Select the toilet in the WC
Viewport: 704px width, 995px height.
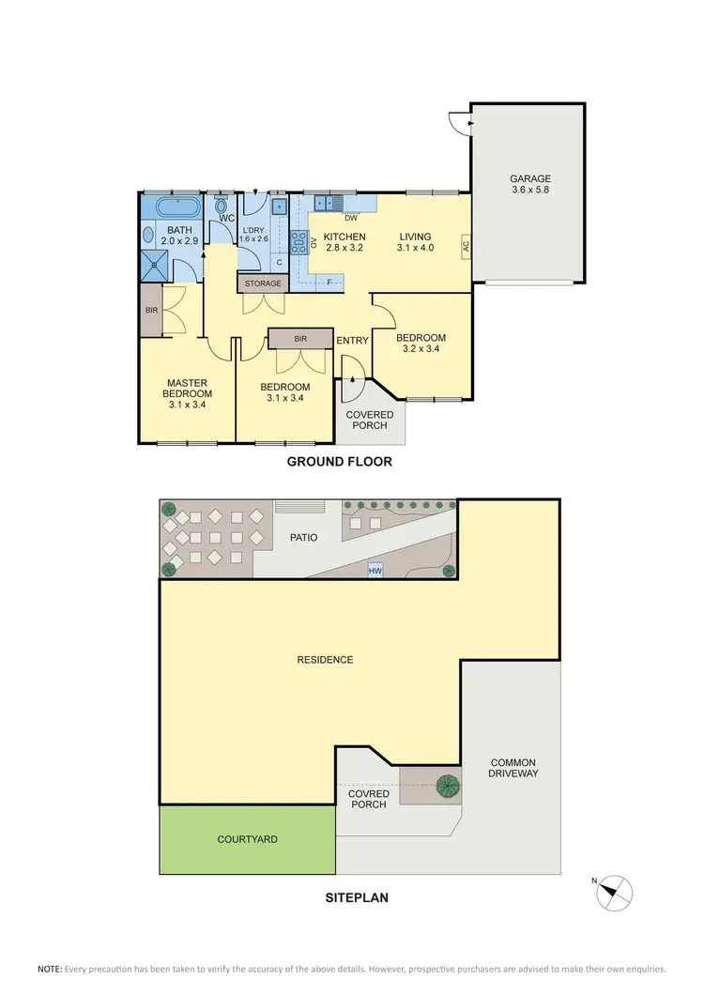coord(222,206)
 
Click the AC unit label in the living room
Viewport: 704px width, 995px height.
coord(465,247)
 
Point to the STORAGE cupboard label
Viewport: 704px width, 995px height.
coord(263,283)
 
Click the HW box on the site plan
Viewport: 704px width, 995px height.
coord(375,570)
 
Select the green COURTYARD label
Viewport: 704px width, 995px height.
coord(247,839)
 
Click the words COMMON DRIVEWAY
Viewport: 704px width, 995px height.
coord(512,768)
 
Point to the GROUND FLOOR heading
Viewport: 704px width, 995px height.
coord(339,461)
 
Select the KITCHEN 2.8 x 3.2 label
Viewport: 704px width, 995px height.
coord(344,242)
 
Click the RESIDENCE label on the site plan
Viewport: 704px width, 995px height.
coord(325,660)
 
